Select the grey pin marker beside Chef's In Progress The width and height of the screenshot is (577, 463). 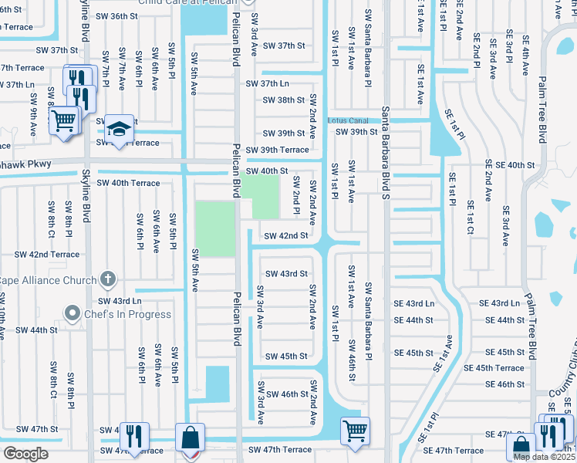(73, 313)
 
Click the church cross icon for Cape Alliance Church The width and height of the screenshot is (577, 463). (109, 279)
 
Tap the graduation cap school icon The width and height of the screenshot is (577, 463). (120, 129)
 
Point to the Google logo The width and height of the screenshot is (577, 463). (25, 454)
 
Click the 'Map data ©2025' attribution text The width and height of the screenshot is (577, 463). (543, 457)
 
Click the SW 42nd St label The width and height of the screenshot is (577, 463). (286, 235)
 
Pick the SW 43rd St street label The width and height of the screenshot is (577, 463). (286, 274)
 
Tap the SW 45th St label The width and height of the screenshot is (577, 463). (286, 356)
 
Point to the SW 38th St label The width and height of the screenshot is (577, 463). (284, 100)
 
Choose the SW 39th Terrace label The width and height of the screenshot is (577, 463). (277, 150)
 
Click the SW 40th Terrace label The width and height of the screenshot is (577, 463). (128, 183)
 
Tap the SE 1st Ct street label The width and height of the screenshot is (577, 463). (471, 218)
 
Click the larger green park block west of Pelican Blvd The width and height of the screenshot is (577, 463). (214, 229)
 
